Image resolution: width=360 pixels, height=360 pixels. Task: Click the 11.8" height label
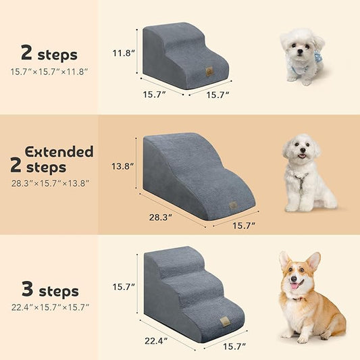124,53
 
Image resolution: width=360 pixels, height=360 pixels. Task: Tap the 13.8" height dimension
124,165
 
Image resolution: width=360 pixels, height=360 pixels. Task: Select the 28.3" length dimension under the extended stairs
161,217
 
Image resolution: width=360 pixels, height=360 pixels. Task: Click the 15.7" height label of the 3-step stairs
124,287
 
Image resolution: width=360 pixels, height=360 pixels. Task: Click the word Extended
59,151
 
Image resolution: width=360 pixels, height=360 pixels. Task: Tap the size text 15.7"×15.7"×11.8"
49,71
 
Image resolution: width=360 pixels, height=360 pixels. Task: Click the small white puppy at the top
301,54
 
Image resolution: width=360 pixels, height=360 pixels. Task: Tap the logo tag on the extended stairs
233,205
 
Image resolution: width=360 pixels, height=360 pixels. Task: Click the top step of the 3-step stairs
176,253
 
